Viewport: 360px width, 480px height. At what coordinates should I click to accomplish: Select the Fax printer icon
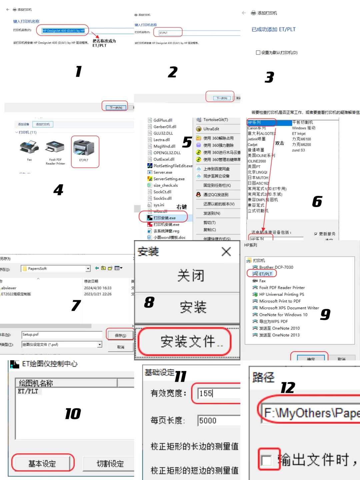tap(29, 147)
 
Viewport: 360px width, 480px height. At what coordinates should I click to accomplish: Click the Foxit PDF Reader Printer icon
tap(55, 147)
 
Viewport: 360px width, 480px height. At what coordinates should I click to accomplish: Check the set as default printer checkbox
tap(258, 53)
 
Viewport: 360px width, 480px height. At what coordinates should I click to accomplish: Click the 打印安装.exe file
tap(164, 218)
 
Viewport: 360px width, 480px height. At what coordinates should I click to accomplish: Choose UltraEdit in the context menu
tap(211, 129)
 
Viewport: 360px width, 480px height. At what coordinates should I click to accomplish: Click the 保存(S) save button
tap(120, 335)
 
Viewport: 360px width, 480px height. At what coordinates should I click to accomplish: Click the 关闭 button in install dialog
tap(190, 276)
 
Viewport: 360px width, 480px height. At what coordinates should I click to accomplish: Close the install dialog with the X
tap(226, 252)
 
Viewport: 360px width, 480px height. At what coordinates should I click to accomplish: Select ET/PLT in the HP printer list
tap(266, 274)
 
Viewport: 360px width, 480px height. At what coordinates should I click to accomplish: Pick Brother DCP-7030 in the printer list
tap(276, 267)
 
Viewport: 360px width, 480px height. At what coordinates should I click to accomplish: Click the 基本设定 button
tap(42, 463)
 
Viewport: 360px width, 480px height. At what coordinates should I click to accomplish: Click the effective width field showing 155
tap(218, 394)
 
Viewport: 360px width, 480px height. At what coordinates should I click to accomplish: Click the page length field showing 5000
tap(218, 421)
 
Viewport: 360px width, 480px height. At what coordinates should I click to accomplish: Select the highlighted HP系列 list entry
tap(261, 123)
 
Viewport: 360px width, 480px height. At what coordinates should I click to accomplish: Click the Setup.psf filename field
tap(62, 335)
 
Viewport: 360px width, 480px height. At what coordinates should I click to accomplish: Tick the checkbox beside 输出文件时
tap(266, 460)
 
